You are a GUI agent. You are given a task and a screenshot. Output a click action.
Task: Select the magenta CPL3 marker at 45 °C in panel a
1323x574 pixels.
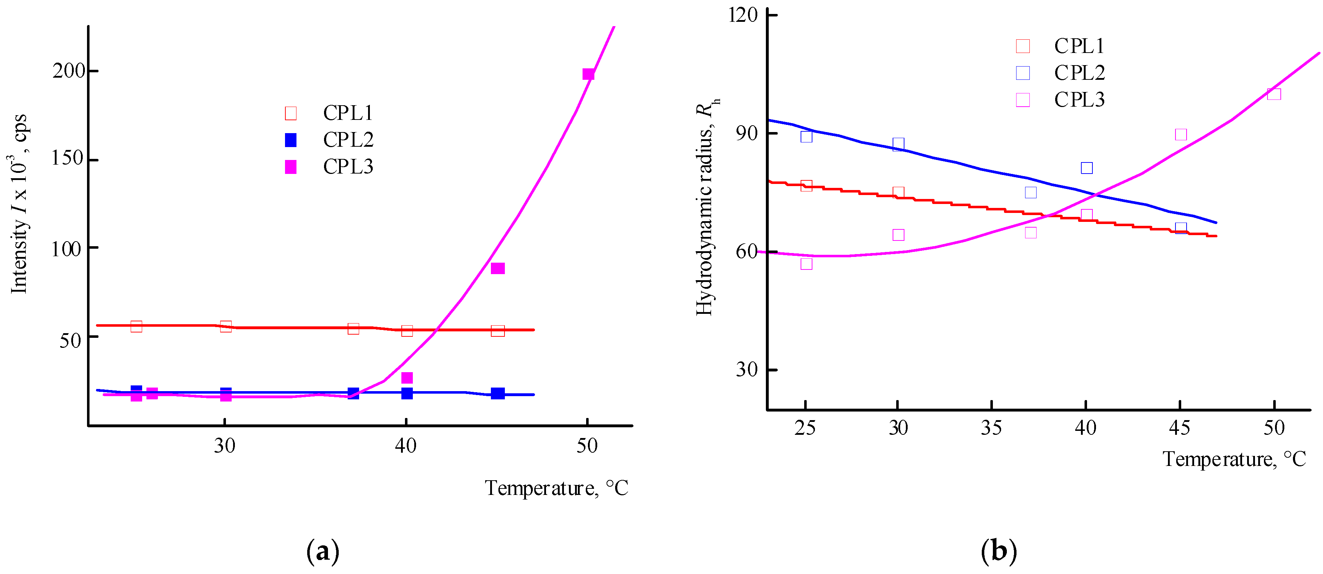[497, 268]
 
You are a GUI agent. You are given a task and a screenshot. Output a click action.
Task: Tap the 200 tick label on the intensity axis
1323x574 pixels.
[69, 70]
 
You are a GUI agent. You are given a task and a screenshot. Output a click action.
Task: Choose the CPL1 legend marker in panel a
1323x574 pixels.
[291, 113]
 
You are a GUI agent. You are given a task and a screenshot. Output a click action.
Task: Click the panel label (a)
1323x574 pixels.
[323, 552]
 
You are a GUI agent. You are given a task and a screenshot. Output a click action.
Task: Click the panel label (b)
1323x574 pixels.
[998, 552]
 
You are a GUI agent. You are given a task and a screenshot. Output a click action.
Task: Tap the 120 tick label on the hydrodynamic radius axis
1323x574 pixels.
[743, 15]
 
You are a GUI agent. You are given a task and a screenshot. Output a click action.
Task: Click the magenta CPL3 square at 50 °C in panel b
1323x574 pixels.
[1274, 94]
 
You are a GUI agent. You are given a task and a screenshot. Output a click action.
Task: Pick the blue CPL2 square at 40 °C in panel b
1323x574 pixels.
[1086, 168]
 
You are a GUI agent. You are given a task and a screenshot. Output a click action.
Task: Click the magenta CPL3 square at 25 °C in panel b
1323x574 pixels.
[806, 264]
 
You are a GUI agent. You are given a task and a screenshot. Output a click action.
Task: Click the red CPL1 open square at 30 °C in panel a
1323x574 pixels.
[226, 326]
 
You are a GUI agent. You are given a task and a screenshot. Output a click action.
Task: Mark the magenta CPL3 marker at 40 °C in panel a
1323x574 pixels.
[407, 378]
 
